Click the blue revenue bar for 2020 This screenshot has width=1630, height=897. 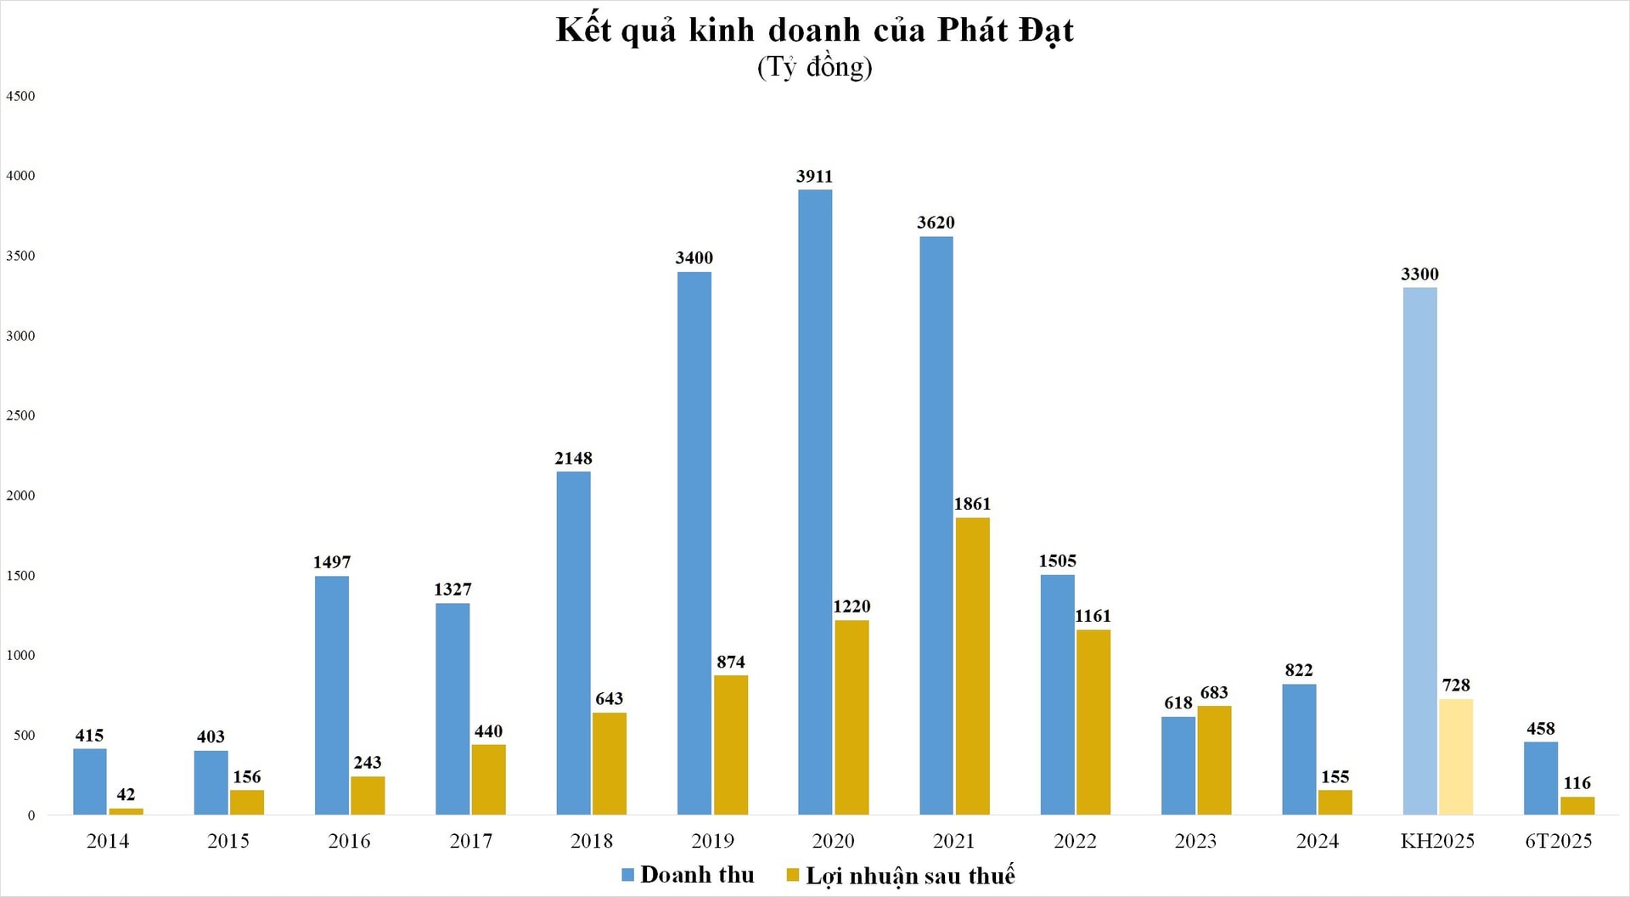pyautogui.click(x=815, y=501)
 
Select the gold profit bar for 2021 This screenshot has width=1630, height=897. pyautogui.click(x=972, y=666)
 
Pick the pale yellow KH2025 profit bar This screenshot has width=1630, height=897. pyautogui.click(x=1456, y=757)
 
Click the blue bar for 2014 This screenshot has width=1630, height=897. pyautogui.click(x=90, y=781)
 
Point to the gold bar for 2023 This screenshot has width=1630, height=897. pyautogui.click(x=1214, y=760)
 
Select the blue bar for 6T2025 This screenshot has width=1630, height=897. pyautogui.click(x=1540, y=778)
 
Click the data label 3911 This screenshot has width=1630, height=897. pyautogui.click(x=814, y=177)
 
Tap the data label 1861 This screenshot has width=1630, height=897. pyautogui.click(x=972, y=505)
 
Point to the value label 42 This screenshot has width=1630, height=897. pyautogui.click(x=126, y=795)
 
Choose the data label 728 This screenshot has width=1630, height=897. pyautogui.click(x=1456, y=685)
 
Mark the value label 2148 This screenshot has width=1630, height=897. pyautogui.click(x=573, y=459)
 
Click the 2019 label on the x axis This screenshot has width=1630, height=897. pyautogui.click(x=712, y=841)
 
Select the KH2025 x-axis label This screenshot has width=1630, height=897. pyautogui.click(x=1437, y=841)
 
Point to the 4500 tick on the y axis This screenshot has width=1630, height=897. pyautogui.click(x=20, y=96)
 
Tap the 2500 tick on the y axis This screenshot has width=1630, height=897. pyautogui.click(x=20, y=415)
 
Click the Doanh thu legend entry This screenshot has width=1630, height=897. pyautogui.click(x=688, y=875)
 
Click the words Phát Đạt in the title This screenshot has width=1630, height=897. pyautogui.click(x=1005, y=31)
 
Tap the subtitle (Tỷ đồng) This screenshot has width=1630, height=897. pyautogui.click(x=814, y=67)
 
